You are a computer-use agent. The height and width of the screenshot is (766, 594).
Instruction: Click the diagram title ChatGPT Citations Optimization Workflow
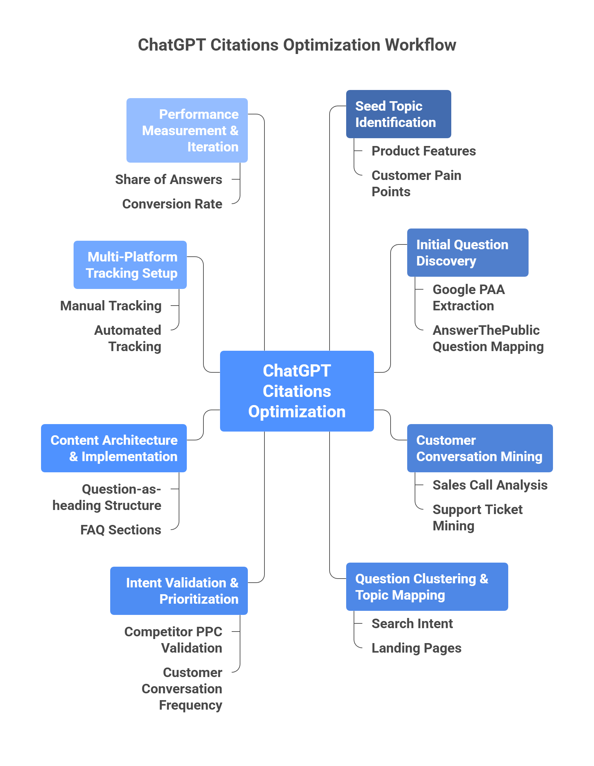297,45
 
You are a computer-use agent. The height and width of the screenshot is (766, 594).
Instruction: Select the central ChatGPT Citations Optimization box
297,391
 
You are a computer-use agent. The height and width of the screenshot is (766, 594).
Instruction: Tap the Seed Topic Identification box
399,114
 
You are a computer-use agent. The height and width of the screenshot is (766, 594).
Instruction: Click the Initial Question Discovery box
468,253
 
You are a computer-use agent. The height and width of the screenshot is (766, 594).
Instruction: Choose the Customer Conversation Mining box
480,448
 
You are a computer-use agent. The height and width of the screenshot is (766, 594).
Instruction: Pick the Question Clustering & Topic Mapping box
427,587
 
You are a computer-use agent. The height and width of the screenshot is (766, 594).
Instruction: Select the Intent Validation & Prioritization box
179,591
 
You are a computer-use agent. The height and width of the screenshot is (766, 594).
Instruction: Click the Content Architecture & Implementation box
114,448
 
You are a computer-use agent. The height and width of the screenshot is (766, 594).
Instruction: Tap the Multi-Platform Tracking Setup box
130,265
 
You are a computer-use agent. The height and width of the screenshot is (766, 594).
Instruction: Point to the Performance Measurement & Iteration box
187,130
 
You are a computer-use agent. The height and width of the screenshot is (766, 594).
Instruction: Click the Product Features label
423,151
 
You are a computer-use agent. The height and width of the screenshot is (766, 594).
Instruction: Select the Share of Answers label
169,180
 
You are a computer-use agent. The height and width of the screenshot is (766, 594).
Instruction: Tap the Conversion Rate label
172,204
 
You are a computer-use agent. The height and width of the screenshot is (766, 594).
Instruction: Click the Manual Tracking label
111,306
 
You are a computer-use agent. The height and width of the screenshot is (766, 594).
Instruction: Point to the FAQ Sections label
120,530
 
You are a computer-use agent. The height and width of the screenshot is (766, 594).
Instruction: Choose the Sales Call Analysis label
490,485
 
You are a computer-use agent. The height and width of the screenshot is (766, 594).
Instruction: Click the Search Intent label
412,624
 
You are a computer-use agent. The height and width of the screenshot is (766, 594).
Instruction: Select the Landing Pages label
416,648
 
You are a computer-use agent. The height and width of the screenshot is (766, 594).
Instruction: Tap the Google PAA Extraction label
468,298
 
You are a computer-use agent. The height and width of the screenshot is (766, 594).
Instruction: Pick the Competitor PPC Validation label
173,640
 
